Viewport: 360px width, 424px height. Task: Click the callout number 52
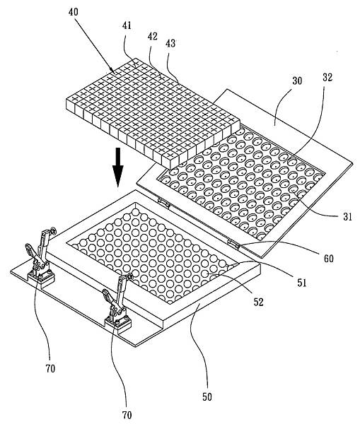coord(258,302)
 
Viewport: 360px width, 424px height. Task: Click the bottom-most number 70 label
coord(127,415)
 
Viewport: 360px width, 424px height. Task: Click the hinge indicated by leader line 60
coord(233,244)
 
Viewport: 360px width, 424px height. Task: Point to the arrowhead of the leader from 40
coord(115,72)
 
